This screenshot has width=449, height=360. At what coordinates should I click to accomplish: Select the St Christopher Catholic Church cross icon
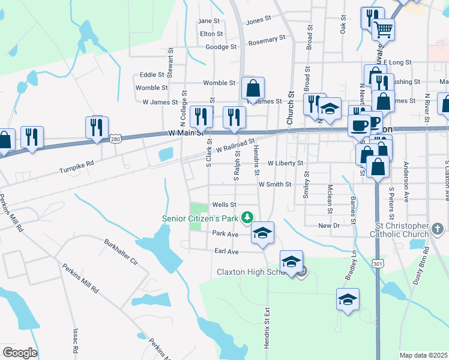coord(438,229)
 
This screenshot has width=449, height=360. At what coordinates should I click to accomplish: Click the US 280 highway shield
coord(115,139)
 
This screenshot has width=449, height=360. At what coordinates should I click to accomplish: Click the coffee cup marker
coord(360,125)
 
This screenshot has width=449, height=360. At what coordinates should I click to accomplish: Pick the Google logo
coord(20,353)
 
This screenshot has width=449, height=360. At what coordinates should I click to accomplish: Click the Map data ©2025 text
coord(424,355)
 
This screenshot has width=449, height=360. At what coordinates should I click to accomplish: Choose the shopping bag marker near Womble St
coord(253,88)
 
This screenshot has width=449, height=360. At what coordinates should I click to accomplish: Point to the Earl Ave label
coord(226,251)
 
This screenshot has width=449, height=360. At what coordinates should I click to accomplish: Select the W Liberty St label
coord(285,163)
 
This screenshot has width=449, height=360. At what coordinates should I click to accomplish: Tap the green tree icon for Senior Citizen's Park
coord(246,217)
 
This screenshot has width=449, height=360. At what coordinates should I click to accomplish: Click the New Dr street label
coord(329,226)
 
